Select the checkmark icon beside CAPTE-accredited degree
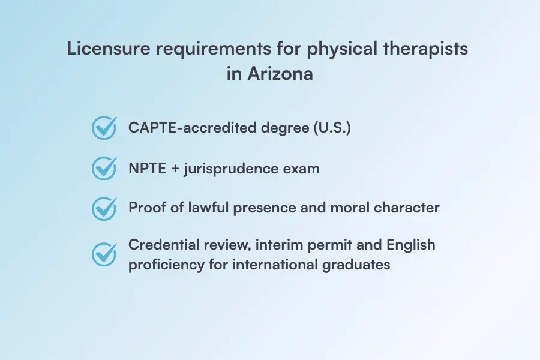104,128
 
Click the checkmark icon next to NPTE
104,168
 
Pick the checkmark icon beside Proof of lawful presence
104,208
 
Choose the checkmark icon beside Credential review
104,254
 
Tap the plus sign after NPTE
174,168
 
